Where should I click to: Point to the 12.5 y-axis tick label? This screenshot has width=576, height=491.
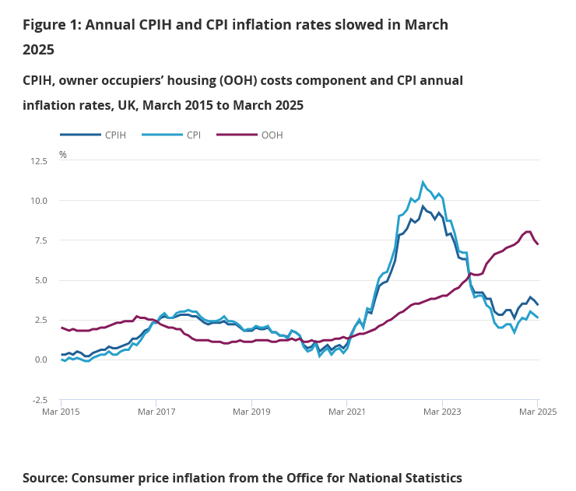point(38,161)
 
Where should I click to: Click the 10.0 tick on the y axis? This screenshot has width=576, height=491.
point(38,201)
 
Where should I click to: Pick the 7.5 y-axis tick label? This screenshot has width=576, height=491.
point(40,240)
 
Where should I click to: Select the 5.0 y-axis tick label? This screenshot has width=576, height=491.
point(40,280)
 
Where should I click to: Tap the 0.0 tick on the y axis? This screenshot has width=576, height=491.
point(40,359)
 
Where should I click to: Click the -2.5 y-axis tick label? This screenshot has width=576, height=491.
point(39,400)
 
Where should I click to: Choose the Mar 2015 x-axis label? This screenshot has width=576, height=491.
point(61,410)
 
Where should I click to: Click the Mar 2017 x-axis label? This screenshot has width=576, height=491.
point(156,410)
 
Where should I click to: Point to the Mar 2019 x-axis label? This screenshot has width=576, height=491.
point(251,410)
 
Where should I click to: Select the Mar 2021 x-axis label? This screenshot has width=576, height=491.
point(347,410)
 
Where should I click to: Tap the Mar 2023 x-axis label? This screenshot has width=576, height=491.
point(442,410)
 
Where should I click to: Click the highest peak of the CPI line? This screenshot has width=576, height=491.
point(423,183)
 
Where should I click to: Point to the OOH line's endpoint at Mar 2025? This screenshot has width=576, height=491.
point(538,244)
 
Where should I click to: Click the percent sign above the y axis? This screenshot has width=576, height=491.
point(63,155)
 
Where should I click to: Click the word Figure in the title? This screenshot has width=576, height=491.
point(46,24)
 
